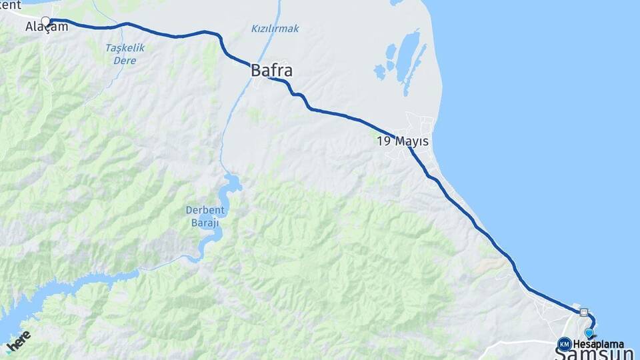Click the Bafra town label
click(x=272, y=70)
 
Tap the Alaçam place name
click(x=47, y=27)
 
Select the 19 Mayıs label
click(x=403, y=141)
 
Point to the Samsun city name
click(x=594, y=353)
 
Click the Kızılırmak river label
click(x=275, y=29)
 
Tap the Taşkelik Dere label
click(x=125, y=54)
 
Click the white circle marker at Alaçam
click(x=45, y=21)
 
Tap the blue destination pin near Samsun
click(x=589, y=333)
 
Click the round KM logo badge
click(x=564, y=344)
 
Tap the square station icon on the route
click(x=584, y=311)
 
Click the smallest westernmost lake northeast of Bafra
click(x=379, y=69)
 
